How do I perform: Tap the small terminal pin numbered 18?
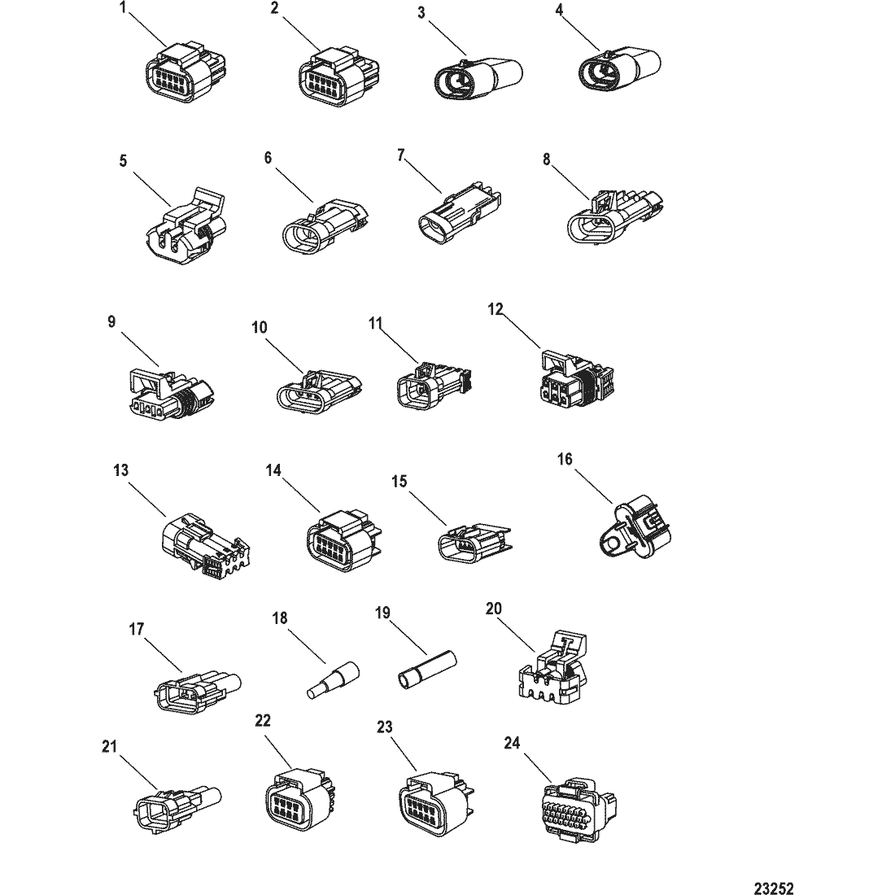[x=334, y=683]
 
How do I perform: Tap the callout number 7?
[x=400, y=155]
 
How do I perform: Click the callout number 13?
[x=121, y=470]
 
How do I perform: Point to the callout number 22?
[x=262, y=720]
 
